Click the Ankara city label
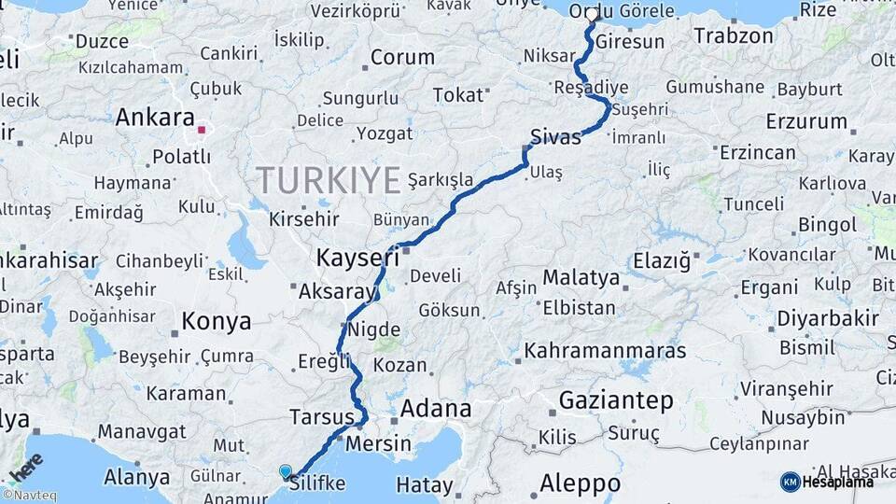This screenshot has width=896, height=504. [x=154, y=119]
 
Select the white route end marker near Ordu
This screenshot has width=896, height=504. [x=592, y=15]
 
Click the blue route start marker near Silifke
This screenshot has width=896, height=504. [x=286, y=472]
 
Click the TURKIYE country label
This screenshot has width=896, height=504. [x=329, y=178]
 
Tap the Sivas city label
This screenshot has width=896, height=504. [x=555, y=137]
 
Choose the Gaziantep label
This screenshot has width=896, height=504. [x=616, y=401]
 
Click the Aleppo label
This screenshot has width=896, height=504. [x=580, y=483]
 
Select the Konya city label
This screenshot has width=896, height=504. [x=217, y=322]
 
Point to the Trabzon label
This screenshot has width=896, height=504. [x=734, y=36]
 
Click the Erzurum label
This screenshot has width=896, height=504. [x=806, y=121]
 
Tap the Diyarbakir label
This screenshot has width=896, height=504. [x=828, y=319]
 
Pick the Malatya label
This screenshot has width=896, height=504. [x=581, y=277]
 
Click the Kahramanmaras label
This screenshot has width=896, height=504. [x=606, y=352]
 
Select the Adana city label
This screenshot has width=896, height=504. [x=436, y=409]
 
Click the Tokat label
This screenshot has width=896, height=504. [x=459, y=94]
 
